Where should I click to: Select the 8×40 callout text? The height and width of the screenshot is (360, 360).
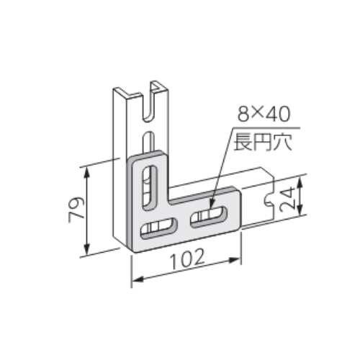[x=264, y=114]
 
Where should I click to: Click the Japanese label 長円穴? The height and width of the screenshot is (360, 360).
[x=263, y=143]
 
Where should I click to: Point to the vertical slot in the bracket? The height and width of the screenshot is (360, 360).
[x=150, y=186]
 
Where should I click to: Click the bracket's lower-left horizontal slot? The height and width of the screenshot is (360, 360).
[x=158, y=228]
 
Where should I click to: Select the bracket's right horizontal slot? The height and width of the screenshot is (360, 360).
[x=208, y=217]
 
